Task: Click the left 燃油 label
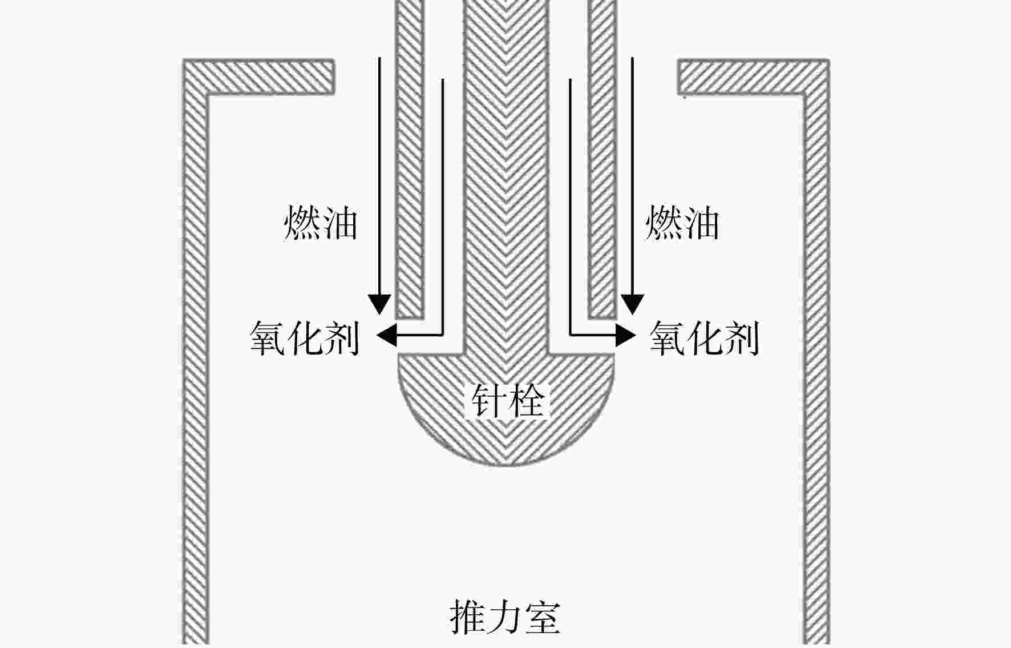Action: pos(321,223)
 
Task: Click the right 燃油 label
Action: pos(682,223)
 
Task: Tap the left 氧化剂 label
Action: pos(305,338)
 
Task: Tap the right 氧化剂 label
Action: pos(705,338)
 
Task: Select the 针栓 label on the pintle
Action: pos(507,400)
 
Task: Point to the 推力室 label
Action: pos(505,617)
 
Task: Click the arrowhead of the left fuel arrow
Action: pos(379,304)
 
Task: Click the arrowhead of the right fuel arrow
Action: pos(632,304)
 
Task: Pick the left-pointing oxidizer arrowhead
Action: pos(386,335)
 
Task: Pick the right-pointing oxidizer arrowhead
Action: pos(626,335)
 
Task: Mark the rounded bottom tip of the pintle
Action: pos(507,466)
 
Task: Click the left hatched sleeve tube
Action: pos(410,159)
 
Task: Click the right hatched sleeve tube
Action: pos(602,159)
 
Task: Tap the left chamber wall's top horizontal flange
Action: pos(258,76)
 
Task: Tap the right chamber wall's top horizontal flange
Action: pos(753,76)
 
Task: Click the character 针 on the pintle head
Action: pos(488,400)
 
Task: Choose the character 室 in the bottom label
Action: pos(543,617)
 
